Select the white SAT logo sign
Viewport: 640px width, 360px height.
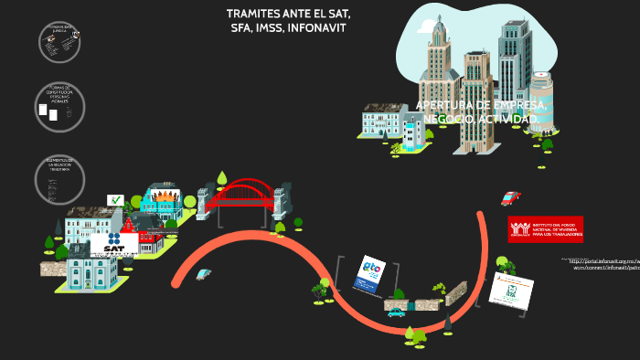(114, 244)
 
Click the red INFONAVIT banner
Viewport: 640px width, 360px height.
(545, 228)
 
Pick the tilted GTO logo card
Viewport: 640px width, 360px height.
(370, 274)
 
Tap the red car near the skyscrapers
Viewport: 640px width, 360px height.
(510, 198)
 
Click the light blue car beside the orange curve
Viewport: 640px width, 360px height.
(203, 273)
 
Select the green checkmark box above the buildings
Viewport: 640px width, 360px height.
(115, 200)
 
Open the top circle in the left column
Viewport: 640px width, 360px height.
(59, 41)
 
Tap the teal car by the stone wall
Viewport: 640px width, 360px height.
(396, 312)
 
